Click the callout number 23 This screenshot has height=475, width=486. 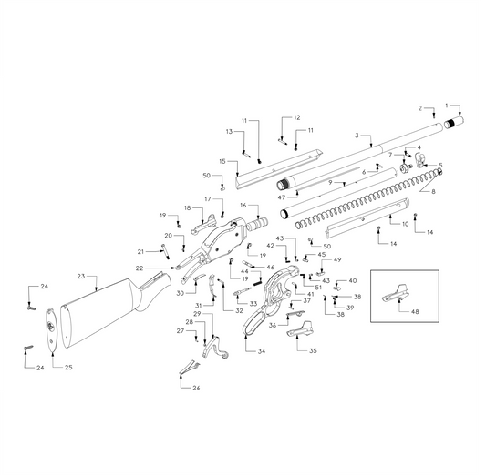[81, 276]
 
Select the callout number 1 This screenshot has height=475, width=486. [447, 105]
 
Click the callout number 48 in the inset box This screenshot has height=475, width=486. [417, 311]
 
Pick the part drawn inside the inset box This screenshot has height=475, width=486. [395, 293]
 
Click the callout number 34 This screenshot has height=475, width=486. [262, 350]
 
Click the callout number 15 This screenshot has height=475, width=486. [222, 161]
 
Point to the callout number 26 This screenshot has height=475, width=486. [196, 389]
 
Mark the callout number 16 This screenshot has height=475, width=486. [243, 206]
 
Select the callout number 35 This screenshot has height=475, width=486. [313, 350]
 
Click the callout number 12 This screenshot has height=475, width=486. [296, 118]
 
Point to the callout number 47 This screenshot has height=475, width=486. [282, 197]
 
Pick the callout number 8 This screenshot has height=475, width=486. [433, 192]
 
